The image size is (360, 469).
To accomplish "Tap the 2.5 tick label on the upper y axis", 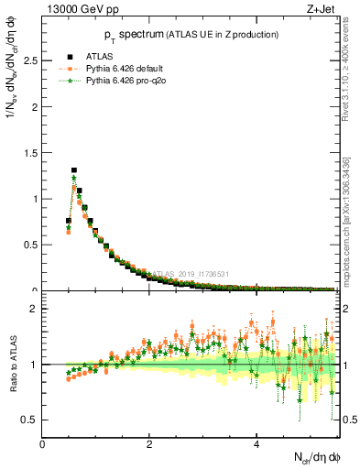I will pyautogui.click(x=29, y=60).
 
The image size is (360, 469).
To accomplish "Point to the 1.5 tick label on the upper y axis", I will pyautogui.click(x=29, y=152).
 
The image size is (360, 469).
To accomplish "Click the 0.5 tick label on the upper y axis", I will pyautogui.click(x=29, y=245).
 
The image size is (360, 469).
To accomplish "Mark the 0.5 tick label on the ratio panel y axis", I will pyautogui.click(x=29, y=420).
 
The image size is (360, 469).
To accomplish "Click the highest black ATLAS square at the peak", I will pyautogui.click(x=74, y=169).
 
